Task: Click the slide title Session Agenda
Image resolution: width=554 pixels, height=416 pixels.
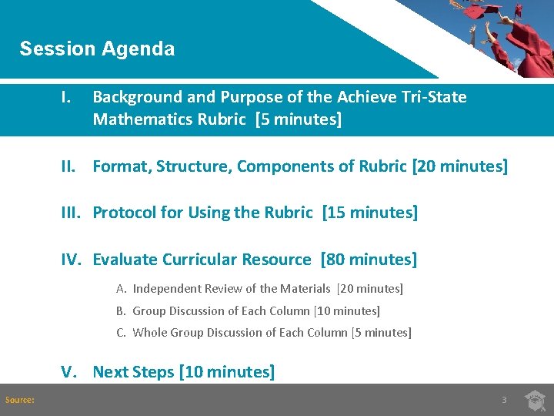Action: (x=97, y=49)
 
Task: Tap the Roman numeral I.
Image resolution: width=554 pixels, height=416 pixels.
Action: (x=68, y=97)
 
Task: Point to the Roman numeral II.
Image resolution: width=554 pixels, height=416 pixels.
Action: (x=70, y=166)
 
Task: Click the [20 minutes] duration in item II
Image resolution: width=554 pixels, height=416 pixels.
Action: (x=460, y=166)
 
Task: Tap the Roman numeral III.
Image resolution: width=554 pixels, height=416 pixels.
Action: (x=72, y=213)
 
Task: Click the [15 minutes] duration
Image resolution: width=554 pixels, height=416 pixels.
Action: (x=370, y=213)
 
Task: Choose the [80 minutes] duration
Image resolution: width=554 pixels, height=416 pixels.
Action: (x=369, y=260)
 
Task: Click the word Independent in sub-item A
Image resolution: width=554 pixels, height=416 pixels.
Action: (x=167, y=289)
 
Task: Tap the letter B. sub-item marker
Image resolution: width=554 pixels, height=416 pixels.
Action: (x=121, y=311)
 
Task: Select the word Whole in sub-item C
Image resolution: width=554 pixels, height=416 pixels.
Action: (x=149, y=333)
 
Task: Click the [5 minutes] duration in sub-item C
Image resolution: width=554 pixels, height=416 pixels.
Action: (x=381, y=333)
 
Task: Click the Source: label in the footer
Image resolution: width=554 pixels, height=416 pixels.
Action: (x=20, y=399)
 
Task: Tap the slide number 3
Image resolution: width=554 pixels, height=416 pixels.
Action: (x=504, y=400)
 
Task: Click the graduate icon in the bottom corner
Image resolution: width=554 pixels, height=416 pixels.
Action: (x=535, y=399)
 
